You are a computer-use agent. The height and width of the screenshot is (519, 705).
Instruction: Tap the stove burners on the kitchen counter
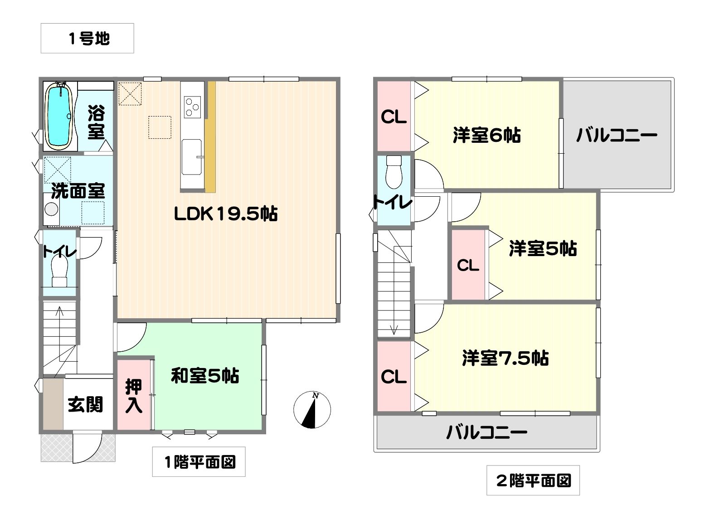click(x=192, y=107)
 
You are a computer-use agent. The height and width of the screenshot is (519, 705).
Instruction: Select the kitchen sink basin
click(x=192, y=156)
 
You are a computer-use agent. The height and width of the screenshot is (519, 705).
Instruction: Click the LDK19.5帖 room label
click(x=226, y=214)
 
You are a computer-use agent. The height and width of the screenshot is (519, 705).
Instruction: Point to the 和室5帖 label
click(x=205, y=375)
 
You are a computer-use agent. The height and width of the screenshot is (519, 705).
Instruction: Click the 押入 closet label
click(x=134, y=396)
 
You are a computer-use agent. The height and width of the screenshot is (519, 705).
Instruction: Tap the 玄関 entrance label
click(x=85, y=404)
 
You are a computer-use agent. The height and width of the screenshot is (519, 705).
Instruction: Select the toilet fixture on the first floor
click(x=59, y=270)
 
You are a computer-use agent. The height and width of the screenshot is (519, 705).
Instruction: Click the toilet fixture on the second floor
click(x=394, y=172)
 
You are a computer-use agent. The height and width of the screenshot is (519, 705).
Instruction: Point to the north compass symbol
click(x=312, y=410)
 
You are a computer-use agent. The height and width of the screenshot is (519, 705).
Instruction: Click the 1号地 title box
click(x=87, y=38)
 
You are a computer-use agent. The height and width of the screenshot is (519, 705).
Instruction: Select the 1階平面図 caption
click(x=199, y=462)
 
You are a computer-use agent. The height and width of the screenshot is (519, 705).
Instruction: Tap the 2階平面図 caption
click(x=533, y=480)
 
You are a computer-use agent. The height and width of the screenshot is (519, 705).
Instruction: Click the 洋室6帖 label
click(x=486, y=135)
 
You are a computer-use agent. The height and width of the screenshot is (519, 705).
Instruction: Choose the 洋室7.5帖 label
click(x=506, y=358)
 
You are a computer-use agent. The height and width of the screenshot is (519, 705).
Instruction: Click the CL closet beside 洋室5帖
click(x=468, y=265)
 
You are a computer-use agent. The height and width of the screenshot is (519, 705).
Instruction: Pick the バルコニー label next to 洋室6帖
click(x=617, y=136)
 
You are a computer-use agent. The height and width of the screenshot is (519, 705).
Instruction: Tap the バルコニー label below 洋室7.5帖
click(x=486, y=432)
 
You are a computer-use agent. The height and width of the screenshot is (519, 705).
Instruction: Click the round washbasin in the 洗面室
click(x=51, y=209)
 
